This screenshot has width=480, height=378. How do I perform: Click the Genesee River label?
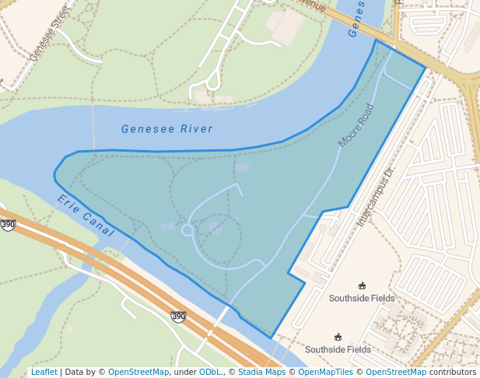coord(166,129)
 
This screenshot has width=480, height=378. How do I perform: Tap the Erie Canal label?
coord(86,216)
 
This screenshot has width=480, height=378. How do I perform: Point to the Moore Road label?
coord(356,127)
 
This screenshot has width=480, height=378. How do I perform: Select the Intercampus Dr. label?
coord(377,195)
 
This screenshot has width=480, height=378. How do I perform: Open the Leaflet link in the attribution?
coord(44,372)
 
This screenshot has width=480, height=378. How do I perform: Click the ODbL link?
coord(210,372)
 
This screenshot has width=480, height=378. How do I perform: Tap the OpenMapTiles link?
coord(324,372)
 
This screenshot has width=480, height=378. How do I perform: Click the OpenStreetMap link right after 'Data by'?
coord(138,372)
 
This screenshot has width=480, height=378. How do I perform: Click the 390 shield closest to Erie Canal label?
coord(8,225)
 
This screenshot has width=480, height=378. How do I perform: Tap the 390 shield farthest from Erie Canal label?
coord(178,316)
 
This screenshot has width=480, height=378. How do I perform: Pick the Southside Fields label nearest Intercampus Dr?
coord(362,298)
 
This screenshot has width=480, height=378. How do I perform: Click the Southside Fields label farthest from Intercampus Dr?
coord(338,349)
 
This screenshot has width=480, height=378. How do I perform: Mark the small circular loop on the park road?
coord(187,229)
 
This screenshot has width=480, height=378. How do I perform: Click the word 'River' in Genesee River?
coord(196,129)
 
